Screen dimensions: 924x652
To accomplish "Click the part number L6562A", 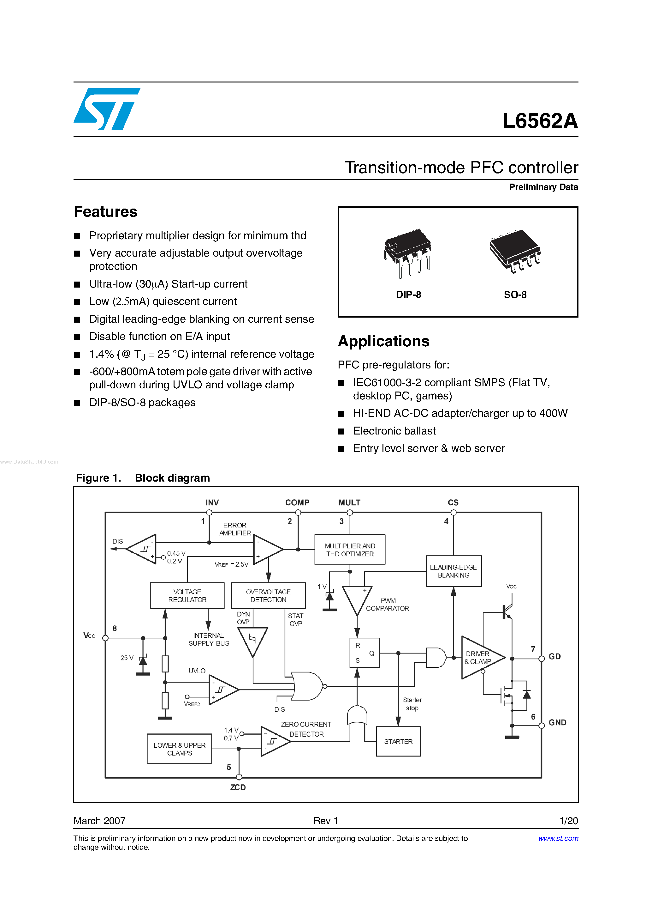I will point(540,121).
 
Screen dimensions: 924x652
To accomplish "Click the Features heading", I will point(105,212).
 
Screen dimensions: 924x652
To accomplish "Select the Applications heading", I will point(383,341).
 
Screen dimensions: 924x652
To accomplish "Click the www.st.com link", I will point(558,838).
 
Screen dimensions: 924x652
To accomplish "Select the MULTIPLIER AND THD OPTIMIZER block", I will point(350,550).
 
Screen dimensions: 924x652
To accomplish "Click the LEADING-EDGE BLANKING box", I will point(453,571).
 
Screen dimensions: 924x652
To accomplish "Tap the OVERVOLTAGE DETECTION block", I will point(268,596).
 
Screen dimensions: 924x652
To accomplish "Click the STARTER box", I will point(398,741).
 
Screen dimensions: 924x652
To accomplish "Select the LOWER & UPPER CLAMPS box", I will point(179,749).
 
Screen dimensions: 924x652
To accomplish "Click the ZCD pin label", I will point(238,787).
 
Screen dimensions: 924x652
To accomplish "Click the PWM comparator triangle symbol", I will point(357,599).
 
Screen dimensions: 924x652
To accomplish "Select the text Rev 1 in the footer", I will point(326,821).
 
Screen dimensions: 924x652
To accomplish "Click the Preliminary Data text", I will point(543,187).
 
